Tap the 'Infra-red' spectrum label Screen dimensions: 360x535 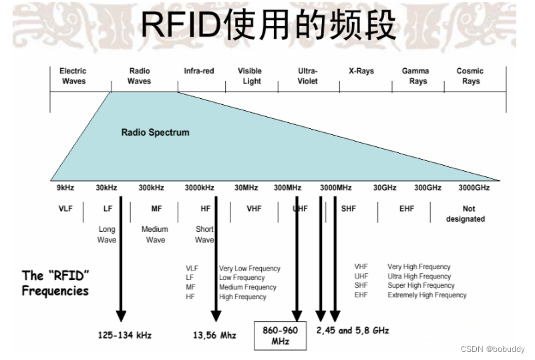(199, 71)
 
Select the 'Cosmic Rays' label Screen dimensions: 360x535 (470, 76)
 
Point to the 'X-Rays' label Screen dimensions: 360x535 (361, 71)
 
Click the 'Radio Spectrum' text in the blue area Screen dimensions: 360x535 (155, 132)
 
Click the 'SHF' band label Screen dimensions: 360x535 (349, 209)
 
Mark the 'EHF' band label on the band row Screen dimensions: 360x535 (407, 209)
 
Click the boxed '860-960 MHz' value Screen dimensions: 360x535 (280, 336)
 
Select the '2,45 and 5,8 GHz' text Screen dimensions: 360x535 (352, 331)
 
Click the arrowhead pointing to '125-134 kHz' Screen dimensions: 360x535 (121, 315)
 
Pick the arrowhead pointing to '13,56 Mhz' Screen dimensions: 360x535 (215, 315)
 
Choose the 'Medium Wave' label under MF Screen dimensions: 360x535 (155, 234)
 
